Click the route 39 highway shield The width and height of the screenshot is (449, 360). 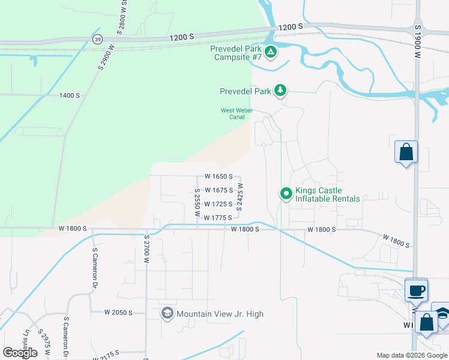tap(97, 39)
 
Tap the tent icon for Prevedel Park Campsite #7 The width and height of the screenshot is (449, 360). tap(271, 52)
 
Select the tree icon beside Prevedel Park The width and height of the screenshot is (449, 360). tap(280, 91)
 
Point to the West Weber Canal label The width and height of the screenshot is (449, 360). tap(237, 113)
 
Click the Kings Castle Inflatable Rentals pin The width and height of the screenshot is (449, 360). tap(286, 194)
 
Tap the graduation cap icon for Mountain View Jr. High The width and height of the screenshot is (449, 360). tap(167, 314)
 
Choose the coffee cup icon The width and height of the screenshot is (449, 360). tap(417, 291)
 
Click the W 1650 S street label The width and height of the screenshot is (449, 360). tap(218, 177)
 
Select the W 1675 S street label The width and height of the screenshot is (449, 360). tap(218, 191)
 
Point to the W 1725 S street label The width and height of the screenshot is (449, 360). tap(218, 204)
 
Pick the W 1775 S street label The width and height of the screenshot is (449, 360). tap(218, 218)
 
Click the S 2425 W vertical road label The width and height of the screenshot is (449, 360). tap(240, 196)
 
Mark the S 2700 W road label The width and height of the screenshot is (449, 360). tap(146, 248)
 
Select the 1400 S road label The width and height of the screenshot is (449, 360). tap(70, 95)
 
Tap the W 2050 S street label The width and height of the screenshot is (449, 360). tap(118, 313)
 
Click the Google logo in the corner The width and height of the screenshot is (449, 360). tap(20, 353)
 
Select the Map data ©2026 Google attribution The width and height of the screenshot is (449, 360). tap(412, 355)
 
